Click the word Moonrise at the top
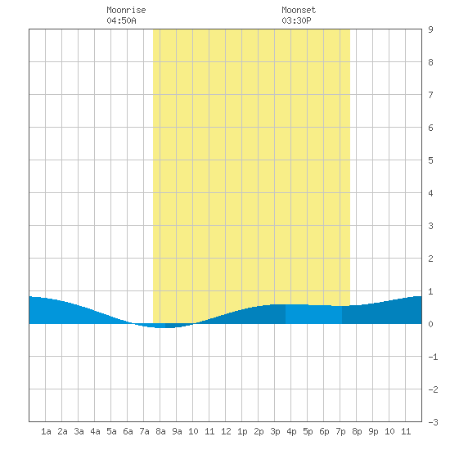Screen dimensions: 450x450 126,10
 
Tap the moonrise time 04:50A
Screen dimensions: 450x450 121,20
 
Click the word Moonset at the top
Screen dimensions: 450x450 299,10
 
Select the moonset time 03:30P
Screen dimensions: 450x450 296,20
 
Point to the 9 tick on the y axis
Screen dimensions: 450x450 430,29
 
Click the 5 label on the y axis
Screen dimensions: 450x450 430,160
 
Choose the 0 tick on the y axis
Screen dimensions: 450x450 430,324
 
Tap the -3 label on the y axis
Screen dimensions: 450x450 433,422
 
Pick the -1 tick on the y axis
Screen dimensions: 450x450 433,357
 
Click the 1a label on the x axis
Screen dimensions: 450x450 46,431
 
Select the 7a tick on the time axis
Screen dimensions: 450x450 144,431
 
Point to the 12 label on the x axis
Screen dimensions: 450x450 226,431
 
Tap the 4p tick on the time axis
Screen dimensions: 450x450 291,431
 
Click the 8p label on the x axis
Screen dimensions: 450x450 357,431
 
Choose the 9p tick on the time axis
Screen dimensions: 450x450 373,431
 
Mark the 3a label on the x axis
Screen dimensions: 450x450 79,431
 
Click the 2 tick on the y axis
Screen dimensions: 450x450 430,259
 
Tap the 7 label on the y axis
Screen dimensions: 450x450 430,95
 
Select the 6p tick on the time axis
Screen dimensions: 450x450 324,431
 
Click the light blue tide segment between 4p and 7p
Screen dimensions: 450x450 313,314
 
